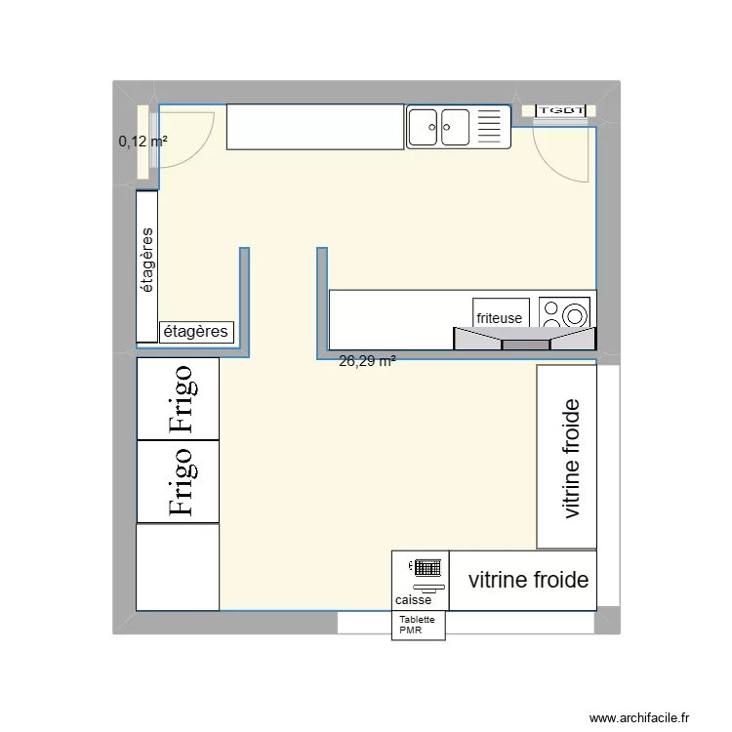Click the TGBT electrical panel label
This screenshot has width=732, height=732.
pyautogui.click(x=561, y=111)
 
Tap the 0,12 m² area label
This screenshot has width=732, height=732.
pyautogui.click(x=142, y=142)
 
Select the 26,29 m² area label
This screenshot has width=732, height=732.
pyautogui.click(x=367, y=361)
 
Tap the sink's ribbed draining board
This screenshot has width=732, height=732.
pyautogui.click(x=491, y=127)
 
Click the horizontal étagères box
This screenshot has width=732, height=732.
pyautogui.click(x=196, y=332)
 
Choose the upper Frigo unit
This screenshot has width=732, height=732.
pyautogui.click(x=178, y=398)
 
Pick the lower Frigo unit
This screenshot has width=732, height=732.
pyautogui.click(x=178, y=480)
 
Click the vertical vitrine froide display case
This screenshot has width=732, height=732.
pyautogui.click(x=567, y=457)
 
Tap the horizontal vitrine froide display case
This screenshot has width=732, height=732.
pyautogui.click(x=528, y=581)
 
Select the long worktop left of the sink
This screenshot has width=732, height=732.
pyautogui.click(x=315, y=127)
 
